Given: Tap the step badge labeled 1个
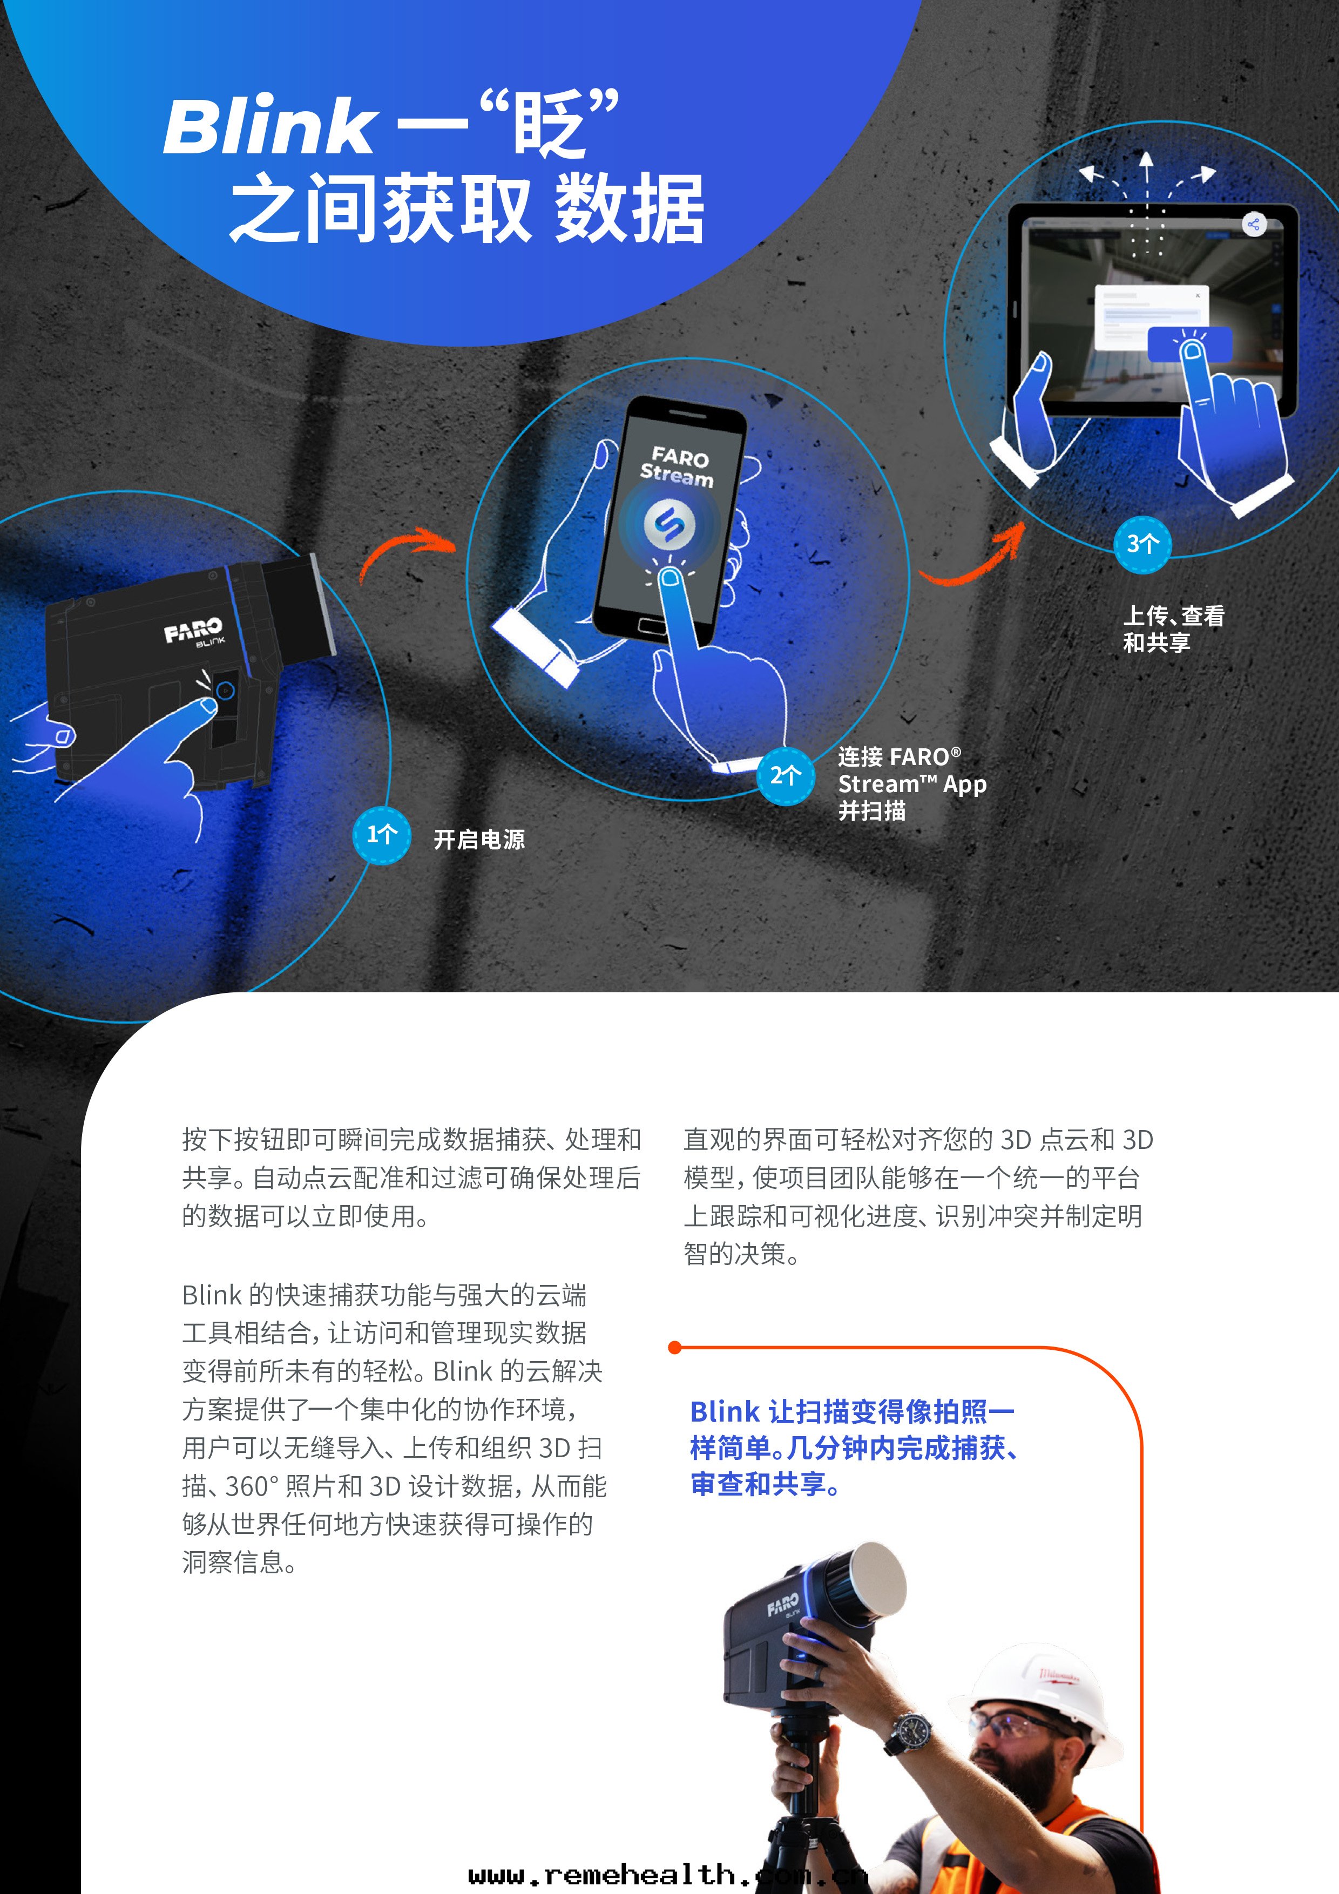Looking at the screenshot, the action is click(x=381, y=835).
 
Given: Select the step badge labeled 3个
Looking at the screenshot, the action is click(x=1142, y=544).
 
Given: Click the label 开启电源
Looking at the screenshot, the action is click(x=479, y=840).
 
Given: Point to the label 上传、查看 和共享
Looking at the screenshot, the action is click(x=1173, y=628).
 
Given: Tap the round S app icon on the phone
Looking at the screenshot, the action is click(x=669, y=523).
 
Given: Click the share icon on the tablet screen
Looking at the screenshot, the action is click(x=1253, y=225).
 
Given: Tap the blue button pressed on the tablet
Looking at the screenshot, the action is click(x=1189, y=344).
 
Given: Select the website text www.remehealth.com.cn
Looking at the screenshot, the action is click(x=667, y=1874).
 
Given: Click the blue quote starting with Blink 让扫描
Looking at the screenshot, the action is click(x=854, y=1449).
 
